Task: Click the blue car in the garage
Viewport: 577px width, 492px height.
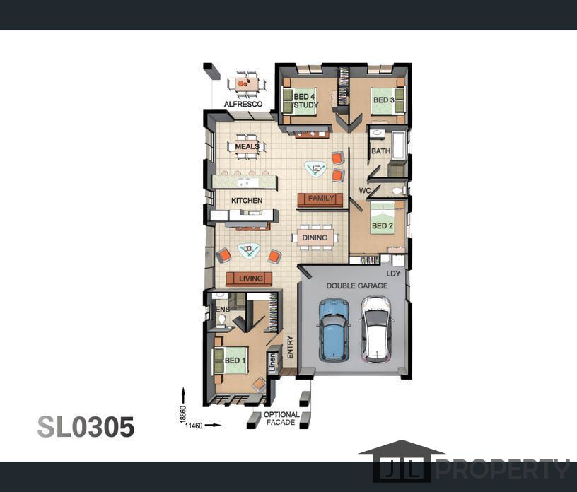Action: tap(333, 330)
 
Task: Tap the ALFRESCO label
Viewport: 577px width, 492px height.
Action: tap(243, 104)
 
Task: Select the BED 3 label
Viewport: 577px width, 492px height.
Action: tap(384, 100)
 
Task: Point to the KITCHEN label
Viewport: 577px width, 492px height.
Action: tap(247, 201)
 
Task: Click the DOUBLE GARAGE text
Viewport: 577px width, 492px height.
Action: tap(357, 286)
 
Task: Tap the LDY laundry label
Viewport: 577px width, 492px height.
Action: tap(393, 274)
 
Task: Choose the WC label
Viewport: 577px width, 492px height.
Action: tap(365, 191)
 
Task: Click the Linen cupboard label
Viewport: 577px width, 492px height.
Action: tap(272, 363)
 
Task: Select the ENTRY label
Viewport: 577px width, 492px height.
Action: tap(290, 347)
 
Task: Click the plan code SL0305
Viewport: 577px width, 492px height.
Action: tap(86, 427)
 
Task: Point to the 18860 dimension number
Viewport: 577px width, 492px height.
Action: tap(184, 414)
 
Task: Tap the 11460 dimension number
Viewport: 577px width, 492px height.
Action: tap(194, 426)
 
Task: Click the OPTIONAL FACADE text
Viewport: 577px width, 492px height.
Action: tap(281, 418)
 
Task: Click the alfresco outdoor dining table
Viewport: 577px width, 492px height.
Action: tap(247, 84)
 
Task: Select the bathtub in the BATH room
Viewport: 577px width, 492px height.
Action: tap(399, 145)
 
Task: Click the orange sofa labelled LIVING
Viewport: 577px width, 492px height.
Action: tap(249, 279)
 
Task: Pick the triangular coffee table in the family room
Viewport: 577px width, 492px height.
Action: tap(316, 170)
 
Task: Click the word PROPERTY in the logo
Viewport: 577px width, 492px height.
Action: tap(503, 469)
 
